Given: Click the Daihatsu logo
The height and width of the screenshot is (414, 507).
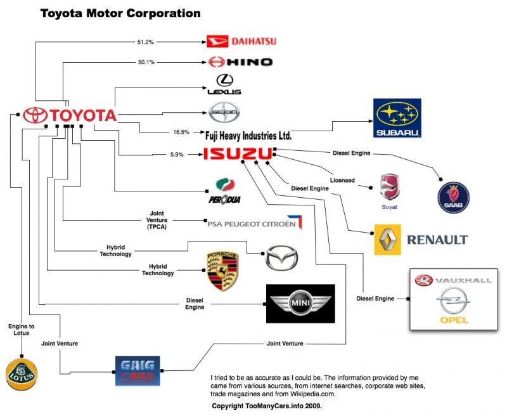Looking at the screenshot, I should (242, 42).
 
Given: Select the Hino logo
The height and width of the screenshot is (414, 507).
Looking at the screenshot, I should (240, 61).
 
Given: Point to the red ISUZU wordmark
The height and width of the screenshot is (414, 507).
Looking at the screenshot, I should (237, 153).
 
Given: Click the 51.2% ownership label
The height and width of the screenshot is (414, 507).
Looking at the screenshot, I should (146, 42).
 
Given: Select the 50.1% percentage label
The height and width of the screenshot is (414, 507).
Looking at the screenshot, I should (146, 61).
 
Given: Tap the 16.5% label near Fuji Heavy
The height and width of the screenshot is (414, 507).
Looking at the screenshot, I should (181, 133).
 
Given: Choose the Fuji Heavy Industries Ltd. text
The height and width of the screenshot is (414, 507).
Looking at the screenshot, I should (248, 135).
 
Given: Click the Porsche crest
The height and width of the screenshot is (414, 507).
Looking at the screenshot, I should (221, 271).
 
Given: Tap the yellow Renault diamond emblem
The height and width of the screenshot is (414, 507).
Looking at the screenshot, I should (388, 239).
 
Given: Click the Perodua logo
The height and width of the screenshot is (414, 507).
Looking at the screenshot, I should (221, 190).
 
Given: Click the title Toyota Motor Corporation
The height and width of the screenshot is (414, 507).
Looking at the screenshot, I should (120, 13).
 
